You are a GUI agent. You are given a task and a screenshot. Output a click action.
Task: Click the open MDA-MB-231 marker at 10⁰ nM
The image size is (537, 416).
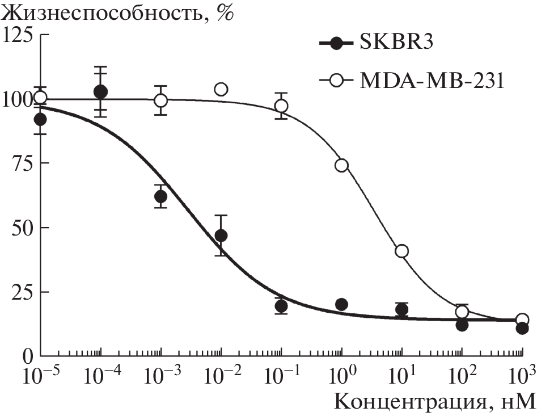[341, 165]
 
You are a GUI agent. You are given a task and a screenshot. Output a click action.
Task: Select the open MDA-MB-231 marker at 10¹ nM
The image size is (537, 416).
[402, 251]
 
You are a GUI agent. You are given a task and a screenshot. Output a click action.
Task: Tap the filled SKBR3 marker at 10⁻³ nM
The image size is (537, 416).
[160, 197]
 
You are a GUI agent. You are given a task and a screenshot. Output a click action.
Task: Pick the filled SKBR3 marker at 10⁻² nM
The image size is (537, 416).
[221, 236]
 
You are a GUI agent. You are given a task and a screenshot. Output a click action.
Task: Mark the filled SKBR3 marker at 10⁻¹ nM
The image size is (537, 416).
[281, 306]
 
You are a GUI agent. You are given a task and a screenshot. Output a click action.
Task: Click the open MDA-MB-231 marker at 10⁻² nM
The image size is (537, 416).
[221, 89]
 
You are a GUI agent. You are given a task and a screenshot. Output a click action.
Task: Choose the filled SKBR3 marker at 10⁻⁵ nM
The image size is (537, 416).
[40, 119]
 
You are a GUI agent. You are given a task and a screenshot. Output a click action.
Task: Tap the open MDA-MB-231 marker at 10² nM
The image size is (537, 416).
[462, 312]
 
